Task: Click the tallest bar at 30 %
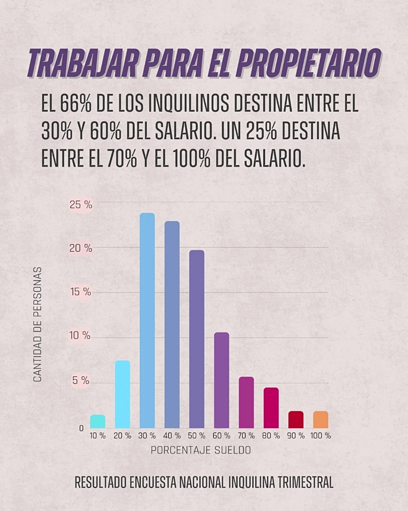147,321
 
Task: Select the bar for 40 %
172,325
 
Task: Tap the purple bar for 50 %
197,339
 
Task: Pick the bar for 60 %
221,380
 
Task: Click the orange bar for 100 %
321,420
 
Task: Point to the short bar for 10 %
98,422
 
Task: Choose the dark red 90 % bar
296,420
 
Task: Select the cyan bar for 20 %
122,394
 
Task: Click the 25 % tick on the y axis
81,205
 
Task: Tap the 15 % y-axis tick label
81,292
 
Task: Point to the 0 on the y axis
81,428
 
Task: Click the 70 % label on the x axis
246,436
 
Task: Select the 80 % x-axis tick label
271,436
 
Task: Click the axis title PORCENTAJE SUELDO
201,451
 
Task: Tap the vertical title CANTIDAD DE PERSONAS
37,324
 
